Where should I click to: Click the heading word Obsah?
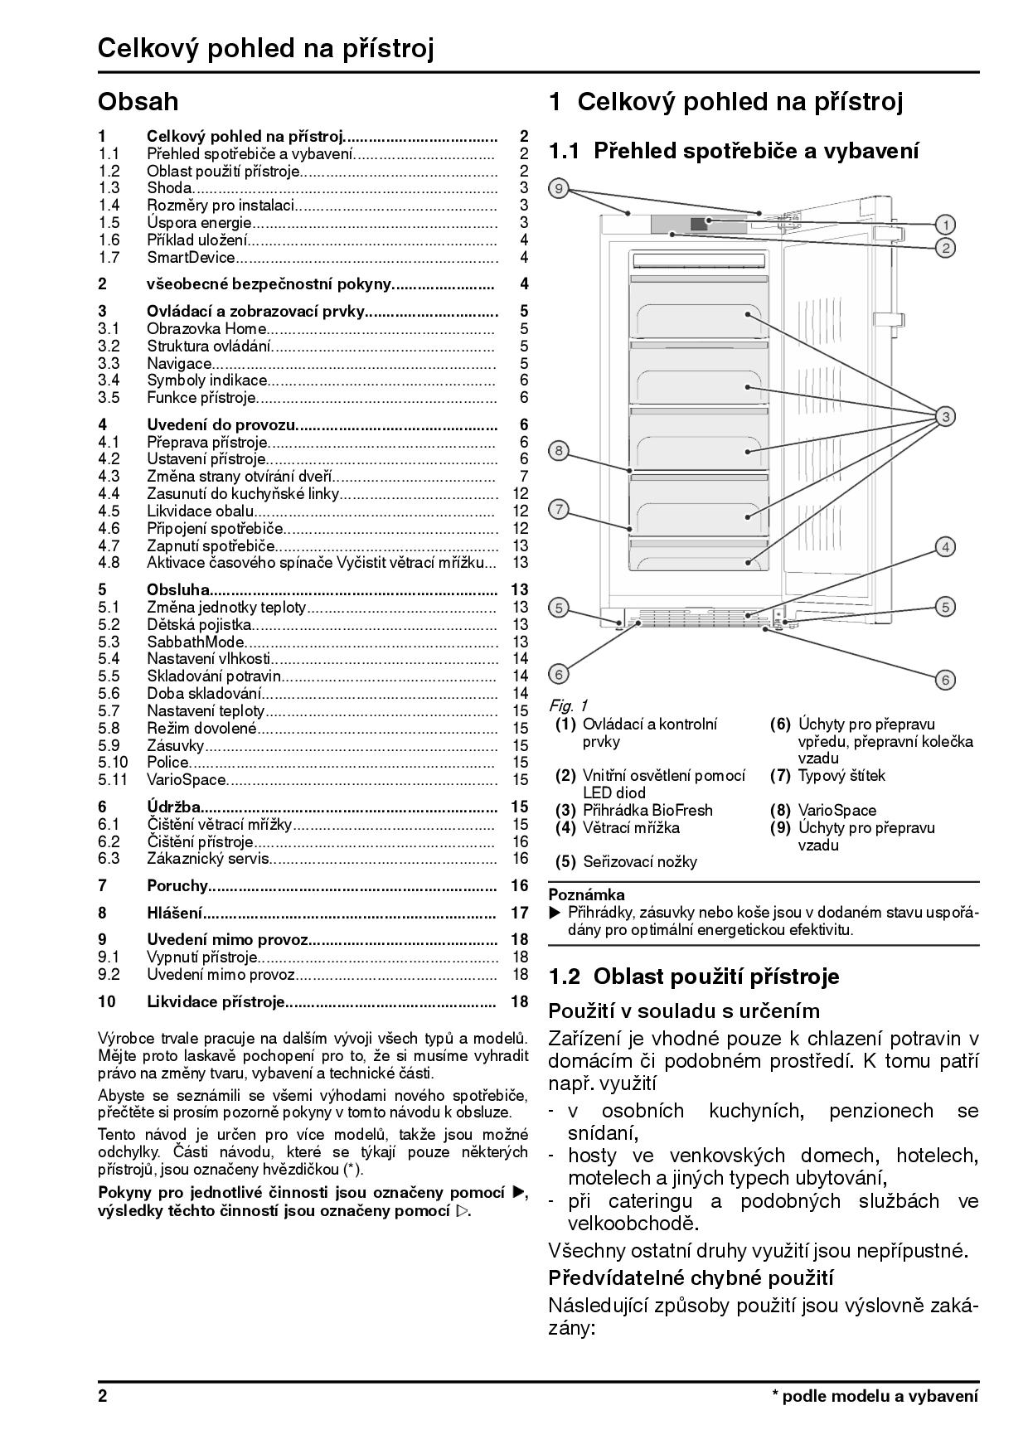click(x=138, y=102)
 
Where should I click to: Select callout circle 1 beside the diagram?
click(x=945, y=224)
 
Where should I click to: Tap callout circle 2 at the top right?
click(x=945, y=247)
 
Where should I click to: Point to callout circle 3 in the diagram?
click(x=945, y=416)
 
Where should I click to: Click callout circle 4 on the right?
click(x=945, y=547)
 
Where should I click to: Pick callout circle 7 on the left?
click(x=560, y=509)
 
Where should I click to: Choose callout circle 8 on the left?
click(x=560, y=451)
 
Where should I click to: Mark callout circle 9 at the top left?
click(x=560, y=189)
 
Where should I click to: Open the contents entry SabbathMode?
click(x=196, y=642)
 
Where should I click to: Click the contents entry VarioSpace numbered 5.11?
click(x=187, y=779)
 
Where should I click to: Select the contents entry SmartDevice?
click(x=192, y=257)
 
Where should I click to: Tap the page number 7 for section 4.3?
click(x=524, y=476)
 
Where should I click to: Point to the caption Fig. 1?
click(x=568, y=705)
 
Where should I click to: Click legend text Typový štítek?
click(x=841, y=776)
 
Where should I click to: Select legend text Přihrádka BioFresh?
click(x=647, y=810)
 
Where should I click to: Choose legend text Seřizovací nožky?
click(x=640, y=861)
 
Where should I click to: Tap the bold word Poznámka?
click(x=587, y=894)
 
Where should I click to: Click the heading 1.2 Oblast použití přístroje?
click(x=694, y=977)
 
